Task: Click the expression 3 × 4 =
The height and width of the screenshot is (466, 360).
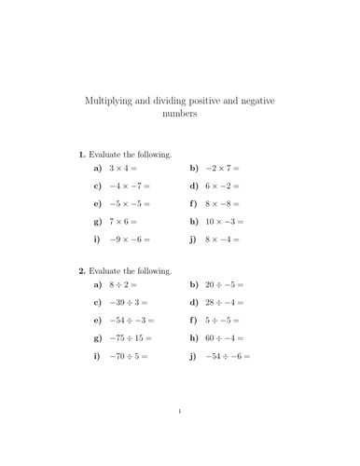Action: coord(123,169)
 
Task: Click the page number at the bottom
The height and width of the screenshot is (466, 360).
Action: coord(180,436)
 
